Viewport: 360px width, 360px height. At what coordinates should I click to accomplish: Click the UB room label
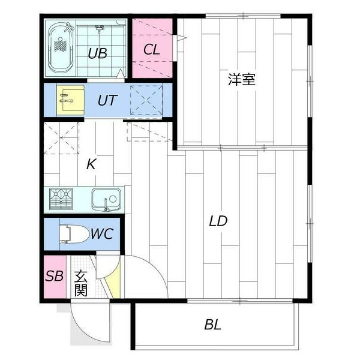[x=97, y=53]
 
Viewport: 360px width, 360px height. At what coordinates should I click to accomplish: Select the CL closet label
[x=152, y=49]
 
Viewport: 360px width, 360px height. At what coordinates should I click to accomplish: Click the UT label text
[x=107, y=100]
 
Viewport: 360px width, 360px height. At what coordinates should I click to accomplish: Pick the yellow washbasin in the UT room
[x=71, y=100]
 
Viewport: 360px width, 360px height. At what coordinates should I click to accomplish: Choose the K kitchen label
[x=91, y=164]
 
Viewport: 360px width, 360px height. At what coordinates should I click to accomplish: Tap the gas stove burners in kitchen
[x=61, y=199]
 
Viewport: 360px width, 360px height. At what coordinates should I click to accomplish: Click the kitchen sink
[x=106, y=199]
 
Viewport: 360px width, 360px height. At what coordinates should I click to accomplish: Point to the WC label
[x=101, y=233]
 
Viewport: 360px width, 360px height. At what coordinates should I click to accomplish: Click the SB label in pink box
[x=55, y=277]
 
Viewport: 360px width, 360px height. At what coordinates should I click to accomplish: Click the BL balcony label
[x=212, y=325]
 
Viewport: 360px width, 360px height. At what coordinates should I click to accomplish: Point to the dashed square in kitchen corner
[x=61, y=137]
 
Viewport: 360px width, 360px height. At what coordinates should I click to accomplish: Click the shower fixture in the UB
[x=100, y=29]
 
